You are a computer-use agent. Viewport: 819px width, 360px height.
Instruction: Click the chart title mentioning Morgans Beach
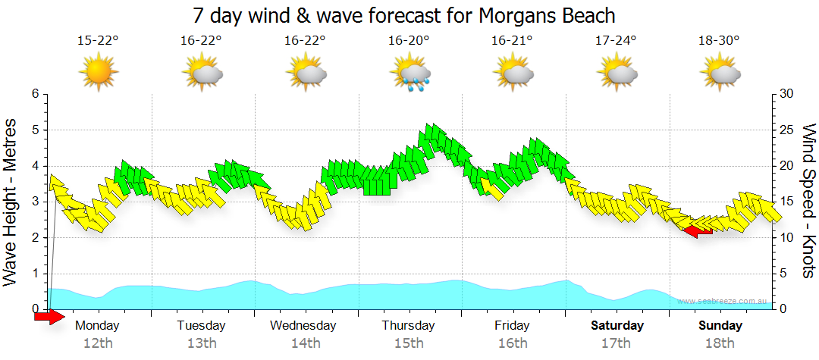pos(409,15)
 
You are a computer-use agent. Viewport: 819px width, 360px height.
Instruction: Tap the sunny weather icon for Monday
pos(99,74)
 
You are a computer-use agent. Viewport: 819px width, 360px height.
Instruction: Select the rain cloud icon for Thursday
pos(410,74)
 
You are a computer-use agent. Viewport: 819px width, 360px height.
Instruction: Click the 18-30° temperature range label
pos(719,40)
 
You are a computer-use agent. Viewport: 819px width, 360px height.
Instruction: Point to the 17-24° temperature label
pos(616,40)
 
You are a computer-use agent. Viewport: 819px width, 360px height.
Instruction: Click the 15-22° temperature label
pos(99,40)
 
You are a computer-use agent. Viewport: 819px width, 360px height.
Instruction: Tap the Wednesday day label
pos(303,326)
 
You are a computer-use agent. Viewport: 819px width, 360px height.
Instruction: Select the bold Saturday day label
pos(617,326)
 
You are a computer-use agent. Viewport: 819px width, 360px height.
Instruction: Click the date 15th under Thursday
pos(409,343)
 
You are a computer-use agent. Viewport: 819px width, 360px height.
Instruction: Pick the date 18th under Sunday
pos(720,343)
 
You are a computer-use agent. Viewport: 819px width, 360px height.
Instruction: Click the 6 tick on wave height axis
pos(34,94)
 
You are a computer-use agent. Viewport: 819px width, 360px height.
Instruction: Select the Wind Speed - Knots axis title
pos(808,201)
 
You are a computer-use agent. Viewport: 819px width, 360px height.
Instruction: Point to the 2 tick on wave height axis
pos(34,238)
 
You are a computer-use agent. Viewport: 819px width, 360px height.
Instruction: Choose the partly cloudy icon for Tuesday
pos(202,74)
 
